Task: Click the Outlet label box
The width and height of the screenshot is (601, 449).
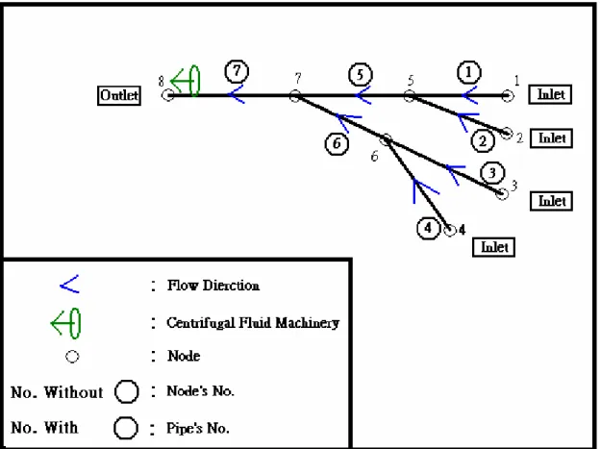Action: pos(119,95)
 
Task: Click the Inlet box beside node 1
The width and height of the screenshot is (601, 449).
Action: pos(550,94)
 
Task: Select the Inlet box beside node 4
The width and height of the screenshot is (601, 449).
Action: pos(493,247)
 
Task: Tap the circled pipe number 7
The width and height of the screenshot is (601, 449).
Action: pos(237,71)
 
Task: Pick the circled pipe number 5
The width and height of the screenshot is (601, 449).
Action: pos(361,74)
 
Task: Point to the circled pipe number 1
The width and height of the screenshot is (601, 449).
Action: pos(469,72)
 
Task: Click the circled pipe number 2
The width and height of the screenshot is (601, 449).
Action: pos(483,141)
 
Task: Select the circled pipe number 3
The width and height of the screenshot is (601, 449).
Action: pos(492,173)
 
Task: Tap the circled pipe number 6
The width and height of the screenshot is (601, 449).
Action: pos(337,144)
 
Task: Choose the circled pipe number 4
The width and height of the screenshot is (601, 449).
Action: pos(429,228)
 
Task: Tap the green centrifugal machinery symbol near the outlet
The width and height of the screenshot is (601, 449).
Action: pos(187,81)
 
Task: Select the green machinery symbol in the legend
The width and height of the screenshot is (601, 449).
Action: pos(66,324)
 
